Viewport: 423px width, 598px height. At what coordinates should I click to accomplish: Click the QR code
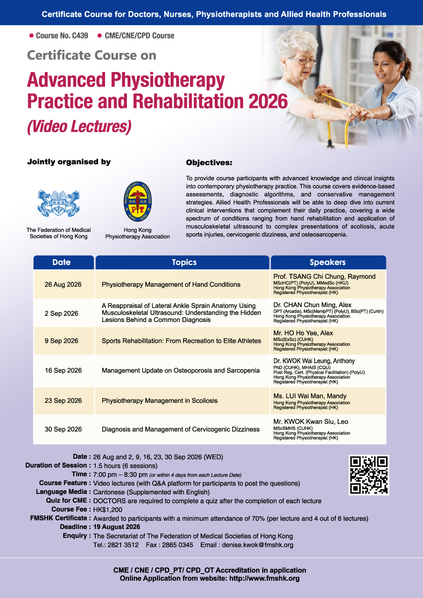(x=369, y=475)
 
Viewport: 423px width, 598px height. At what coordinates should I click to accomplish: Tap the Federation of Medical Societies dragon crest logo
(x=59, y=204)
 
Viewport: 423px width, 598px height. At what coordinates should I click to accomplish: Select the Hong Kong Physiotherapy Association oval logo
(x=138, y=202)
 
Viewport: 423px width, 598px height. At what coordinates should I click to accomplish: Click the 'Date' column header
(x=62, y=262)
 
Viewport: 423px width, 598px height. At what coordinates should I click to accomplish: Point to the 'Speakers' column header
(x=328, y=262)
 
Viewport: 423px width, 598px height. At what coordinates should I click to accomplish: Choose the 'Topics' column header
(x=184, y=262)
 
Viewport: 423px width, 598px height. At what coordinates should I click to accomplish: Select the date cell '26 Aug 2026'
(x=63, y=284)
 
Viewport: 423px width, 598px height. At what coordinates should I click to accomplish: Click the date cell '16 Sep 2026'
(x=63, y=370)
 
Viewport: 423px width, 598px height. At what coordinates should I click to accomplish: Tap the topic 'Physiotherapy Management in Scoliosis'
(x=159, y=401)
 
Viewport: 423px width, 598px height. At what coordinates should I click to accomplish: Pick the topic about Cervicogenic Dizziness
(x=180, y=429)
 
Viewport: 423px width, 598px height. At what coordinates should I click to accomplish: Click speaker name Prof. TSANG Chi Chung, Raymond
(x=324, y=276)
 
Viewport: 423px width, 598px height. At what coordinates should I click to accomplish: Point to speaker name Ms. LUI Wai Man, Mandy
(x=310, y=396)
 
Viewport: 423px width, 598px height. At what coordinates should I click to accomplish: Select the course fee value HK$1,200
(x=108, y=510)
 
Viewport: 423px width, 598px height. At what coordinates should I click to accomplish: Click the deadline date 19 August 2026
(x=117, y=527)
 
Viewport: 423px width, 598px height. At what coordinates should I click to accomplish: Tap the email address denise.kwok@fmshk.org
(x=258, y=545)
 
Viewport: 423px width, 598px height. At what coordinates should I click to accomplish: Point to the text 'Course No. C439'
(x=62, y=35)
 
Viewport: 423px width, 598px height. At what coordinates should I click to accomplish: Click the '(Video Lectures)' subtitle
(x=79, y=126)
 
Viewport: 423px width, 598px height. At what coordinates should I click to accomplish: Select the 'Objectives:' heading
(x=209, y=163)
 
